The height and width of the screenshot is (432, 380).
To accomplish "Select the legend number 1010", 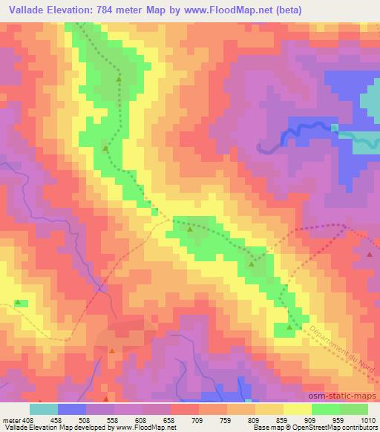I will pos(367,419).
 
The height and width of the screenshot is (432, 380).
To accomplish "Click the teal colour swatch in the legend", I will pos(45,409).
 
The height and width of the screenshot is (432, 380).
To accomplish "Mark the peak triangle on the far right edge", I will pos(370,254).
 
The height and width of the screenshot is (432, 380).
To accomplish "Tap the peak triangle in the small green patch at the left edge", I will pos(18,302).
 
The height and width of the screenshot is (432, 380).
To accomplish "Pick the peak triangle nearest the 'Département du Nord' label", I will pos(289,327).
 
